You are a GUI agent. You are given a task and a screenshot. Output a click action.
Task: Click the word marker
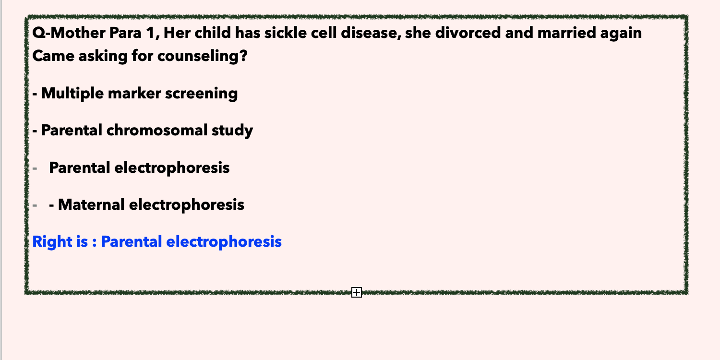tap(134, 94)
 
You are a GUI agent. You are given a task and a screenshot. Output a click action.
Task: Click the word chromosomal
tap(157, 130)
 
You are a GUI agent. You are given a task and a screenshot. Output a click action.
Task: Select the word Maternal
tap(91, 205)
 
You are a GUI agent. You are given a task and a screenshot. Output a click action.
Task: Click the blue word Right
tap(52, 242)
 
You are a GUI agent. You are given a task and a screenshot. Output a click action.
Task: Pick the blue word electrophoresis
tap(224, 242)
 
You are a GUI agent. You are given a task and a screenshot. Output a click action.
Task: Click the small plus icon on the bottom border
tap(357, 292)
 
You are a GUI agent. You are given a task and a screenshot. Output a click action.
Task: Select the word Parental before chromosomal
tap(72, 131)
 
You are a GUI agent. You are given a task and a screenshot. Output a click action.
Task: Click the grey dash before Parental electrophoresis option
tap(35, 168)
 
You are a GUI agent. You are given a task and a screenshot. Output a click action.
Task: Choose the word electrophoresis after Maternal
tap(186, 205)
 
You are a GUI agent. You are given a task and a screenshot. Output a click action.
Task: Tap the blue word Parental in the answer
tap(131, 242)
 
